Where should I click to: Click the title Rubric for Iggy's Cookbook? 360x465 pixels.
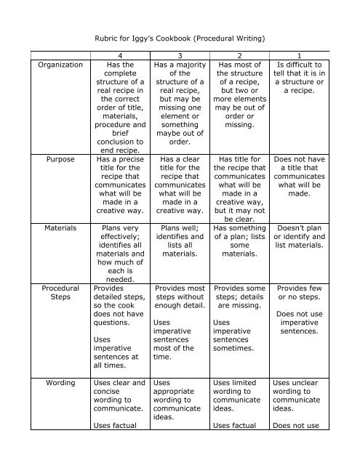(180, 34)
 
